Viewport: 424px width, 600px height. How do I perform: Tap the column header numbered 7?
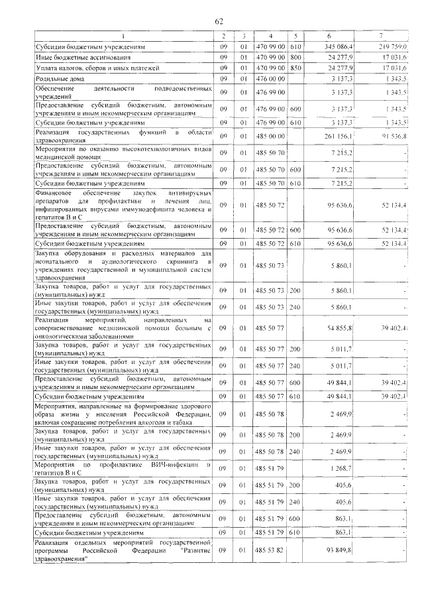380,35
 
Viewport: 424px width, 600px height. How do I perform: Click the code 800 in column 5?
295,58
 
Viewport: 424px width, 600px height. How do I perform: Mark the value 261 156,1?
339,136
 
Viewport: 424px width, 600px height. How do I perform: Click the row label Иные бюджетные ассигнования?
73,58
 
